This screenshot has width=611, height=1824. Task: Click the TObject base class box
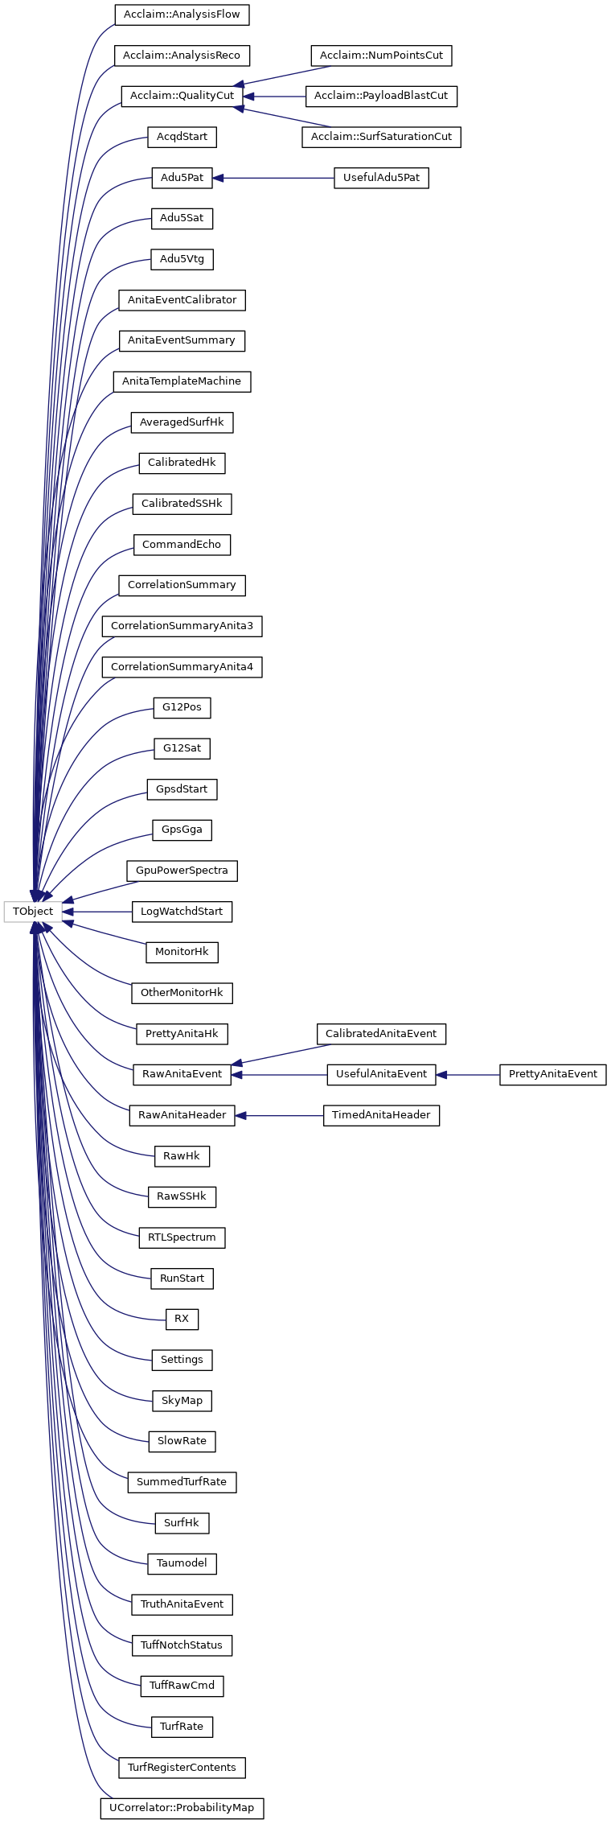pyautogui.click(x=33, y=912)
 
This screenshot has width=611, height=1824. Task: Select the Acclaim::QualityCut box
pyautogui.click(x=182, y=96)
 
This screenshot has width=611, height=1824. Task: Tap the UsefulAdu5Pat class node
pyautogui.click(x=381, y=178)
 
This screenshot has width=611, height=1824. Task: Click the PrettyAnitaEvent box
pyautogui.click(x=553, y=1074)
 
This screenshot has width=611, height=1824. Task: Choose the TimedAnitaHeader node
pyautogui.click(x=381, y=1115)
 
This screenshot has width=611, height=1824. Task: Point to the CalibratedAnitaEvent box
pyautogui.click(x=381, y=1034)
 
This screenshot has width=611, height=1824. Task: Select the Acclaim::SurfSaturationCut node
pyautogui.click(x=381, y=137)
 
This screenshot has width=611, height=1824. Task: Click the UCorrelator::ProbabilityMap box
pyautogui.click(x=182, y=1808)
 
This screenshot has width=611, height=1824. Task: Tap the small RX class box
pyautogui.click(x=182, y=1319)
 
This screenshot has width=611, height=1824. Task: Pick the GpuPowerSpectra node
pyautogui.click(x=182, y=871)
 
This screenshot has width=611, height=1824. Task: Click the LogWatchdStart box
pyautogui.click(x=182, y=912)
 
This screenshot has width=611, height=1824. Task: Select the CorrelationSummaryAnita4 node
pyautogui.click(x=182, y=667)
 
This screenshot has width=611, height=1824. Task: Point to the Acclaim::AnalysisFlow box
pyautogui.click(x=182, y=14)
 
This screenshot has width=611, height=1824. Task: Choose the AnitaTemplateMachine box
pyautogui.click(x=182, y=381)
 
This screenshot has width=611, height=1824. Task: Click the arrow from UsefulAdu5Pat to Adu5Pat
pyautogui.click(x=273, y=178)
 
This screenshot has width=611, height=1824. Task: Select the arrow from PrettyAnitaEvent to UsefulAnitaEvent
pyautogui.click(x=468, y=1074)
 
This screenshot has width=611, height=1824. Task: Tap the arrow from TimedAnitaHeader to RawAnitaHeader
pyautogui.click(x=279, y=1115)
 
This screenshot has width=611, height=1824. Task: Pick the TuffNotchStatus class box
pyautogui.click(x=182, y=1645)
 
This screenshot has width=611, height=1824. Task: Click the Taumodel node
pyautogui.click(x=182, y=1563)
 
